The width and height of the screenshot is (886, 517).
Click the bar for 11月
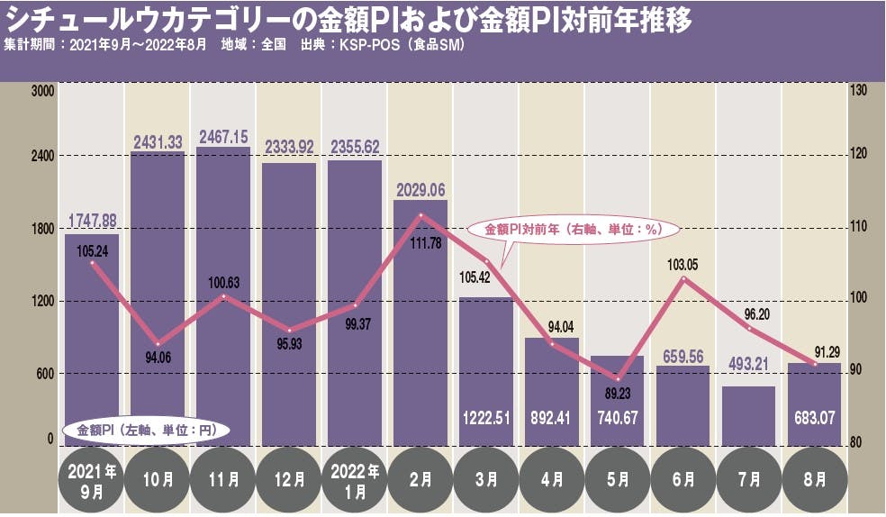pyautogui.click(x=223, y=297)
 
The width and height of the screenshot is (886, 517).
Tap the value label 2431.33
pyautogui.click(x=158, y=141)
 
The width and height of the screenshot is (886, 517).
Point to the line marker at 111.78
pyautogui.click(x=420, y=215)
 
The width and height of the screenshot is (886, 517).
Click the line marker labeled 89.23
pyautogui.click(x=618, y=378)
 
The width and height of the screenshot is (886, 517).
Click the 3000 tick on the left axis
pyautogui.click(x=42, y=91)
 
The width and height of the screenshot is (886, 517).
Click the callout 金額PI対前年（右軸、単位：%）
pyautogui.click(x=574, y=229)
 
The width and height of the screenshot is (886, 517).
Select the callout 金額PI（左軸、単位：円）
pyautogui.click(x=148, y=431)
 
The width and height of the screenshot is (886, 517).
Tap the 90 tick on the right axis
pyautogui.click(x=856, y=370)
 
